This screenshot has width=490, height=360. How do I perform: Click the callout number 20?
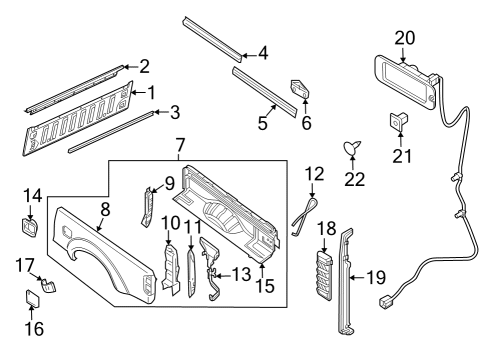[404, 37]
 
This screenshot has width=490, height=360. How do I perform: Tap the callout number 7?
[180, 146]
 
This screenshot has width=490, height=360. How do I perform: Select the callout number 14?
[32, 196]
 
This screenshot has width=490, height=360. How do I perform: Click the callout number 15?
[264, 287]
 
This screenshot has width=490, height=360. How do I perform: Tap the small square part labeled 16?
[32, 297]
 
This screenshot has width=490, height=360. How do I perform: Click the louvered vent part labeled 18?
[322, 272]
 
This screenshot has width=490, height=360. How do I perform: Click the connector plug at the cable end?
[385, 300]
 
